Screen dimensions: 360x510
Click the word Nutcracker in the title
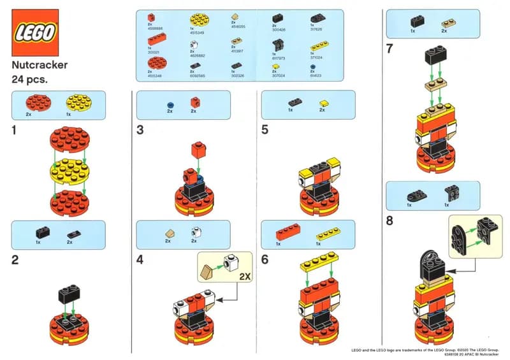40,65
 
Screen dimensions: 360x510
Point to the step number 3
140,130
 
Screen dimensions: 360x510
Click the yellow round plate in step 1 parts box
75,102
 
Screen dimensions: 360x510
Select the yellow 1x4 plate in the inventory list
319,47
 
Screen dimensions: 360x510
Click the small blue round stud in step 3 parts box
170,103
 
